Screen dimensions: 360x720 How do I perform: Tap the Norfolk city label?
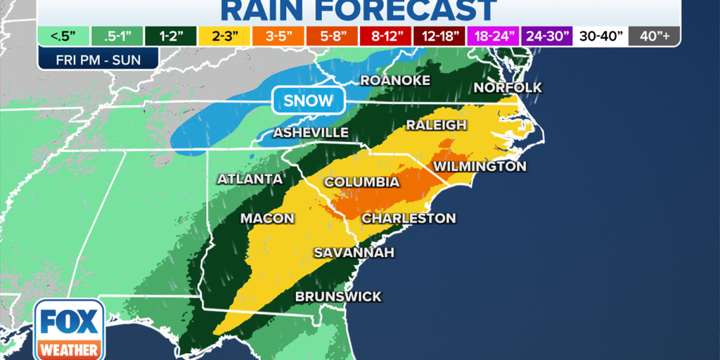tap(508, 87)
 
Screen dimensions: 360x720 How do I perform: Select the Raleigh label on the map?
tap(436, 125)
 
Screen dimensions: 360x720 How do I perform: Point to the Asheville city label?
tap(310, 133)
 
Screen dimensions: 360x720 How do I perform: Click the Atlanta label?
tap(250, 179)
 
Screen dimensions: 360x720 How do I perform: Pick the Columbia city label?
tap(361, 182)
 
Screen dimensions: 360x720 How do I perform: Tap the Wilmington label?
tap(480, 167)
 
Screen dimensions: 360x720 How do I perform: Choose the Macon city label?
tap(267, 219)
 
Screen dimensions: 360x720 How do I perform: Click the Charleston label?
tap(409, 219)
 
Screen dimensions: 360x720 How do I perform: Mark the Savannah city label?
tap(354, 252)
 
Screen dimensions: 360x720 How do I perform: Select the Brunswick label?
tap(338, 297)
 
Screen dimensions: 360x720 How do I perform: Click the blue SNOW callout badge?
tap(308, 101)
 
